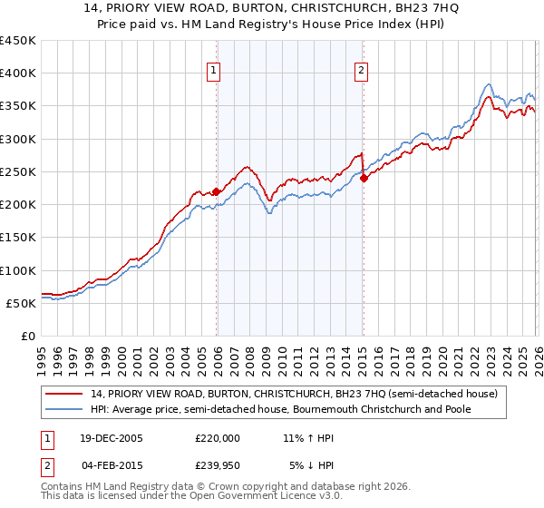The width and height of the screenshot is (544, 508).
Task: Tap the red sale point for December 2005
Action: pos(217,191)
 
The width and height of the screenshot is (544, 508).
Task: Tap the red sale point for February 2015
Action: pos(364,179)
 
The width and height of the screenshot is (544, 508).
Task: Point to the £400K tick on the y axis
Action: pos(18,73)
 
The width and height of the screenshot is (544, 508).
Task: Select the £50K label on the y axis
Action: pos(22,303)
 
